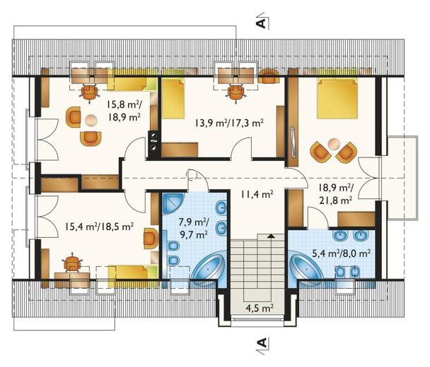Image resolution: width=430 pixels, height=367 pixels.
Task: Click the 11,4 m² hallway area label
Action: coord(257,195)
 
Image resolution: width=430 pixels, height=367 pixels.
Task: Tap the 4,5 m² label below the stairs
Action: coord(260,308)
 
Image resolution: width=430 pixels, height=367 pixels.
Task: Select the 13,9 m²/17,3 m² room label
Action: coord(229,123)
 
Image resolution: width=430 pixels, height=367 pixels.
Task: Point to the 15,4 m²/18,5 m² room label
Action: coord(99,227)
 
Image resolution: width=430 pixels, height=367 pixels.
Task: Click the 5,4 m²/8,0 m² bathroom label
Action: coord(342,253)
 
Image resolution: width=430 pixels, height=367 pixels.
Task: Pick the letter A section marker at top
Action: coord(262,23)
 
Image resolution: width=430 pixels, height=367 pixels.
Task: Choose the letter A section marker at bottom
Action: coord(262,342)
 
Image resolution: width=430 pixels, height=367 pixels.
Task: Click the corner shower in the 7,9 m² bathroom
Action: coord(173,204)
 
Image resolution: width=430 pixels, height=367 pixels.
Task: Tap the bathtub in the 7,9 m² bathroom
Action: coord(209,267)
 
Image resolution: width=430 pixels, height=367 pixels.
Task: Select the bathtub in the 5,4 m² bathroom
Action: coord(304,267)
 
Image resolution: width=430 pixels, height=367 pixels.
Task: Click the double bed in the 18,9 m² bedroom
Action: coord(337,98)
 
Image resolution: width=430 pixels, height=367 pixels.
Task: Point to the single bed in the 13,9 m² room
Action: coord(173,98)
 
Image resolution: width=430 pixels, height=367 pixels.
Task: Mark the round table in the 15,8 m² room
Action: coord(91,120)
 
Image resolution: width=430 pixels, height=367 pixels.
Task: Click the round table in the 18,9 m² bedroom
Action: coord(334,144)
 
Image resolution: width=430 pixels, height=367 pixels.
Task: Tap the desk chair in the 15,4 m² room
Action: coord(72,263)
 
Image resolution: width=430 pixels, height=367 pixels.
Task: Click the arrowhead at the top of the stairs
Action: coord(271,236)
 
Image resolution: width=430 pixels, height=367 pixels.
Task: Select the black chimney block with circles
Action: coord(153,144)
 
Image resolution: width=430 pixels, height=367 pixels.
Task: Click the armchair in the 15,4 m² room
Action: coord(151,238)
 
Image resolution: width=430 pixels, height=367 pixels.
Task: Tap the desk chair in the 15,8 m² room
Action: coord(89,92)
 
